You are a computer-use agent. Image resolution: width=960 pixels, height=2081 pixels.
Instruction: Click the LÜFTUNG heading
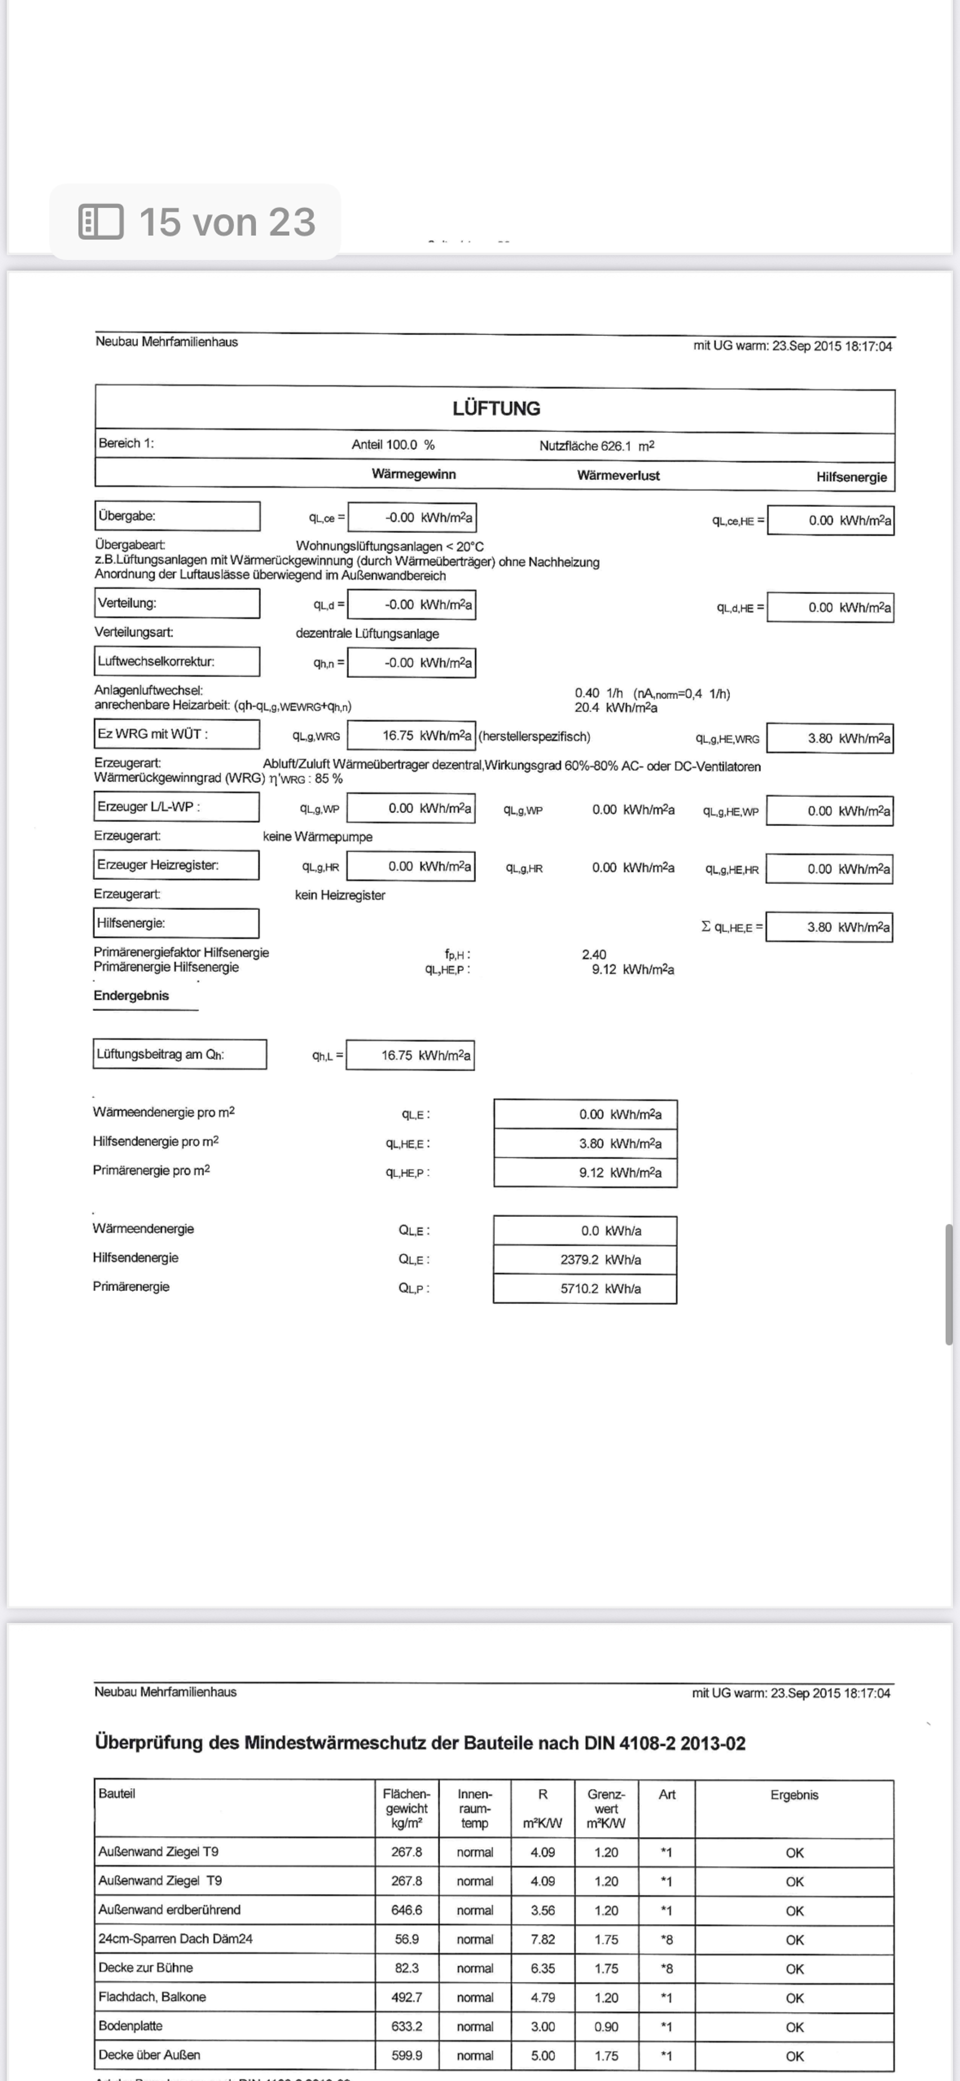tap(496, 409)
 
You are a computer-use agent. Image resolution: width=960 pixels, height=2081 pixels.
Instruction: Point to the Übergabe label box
tap(177, 516)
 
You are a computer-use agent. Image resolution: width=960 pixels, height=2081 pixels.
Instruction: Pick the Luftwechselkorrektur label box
tap(177, 661)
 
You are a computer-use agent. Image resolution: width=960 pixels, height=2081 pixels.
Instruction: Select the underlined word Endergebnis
tap(131, 996)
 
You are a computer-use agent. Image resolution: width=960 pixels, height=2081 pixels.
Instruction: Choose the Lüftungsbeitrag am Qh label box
tap(179, 1054)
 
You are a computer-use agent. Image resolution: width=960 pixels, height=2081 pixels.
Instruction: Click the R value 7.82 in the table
tap(542, 1939)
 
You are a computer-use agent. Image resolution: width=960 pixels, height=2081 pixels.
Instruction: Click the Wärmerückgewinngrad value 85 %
tap(329, 779)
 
